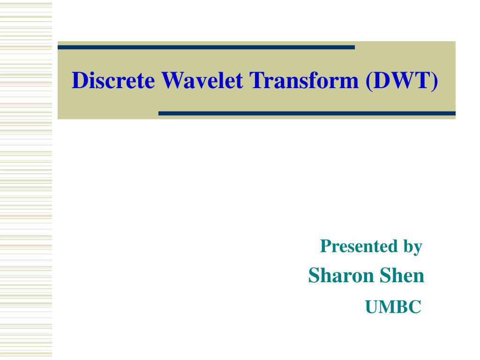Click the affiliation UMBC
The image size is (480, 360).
point(393,307)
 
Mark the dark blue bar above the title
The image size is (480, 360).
point(206,47)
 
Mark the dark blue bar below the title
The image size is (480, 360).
point(307,113)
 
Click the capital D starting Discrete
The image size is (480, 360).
point(79,81)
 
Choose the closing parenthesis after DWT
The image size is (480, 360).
point(436,81)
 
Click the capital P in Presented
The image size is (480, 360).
point(325,246)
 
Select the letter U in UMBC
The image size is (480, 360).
point(372,307)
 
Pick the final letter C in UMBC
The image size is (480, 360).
point(415,307)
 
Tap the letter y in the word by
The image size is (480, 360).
point(418,248)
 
